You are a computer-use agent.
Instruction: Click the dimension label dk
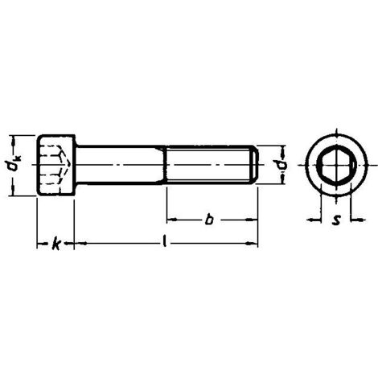14,165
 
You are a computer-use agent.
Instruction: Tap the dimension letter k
55,244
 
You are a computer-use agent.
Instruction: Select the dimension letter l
165,241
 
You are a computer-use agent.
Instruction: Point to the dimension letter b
209,219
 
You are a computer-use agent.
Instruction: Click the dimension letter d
282,165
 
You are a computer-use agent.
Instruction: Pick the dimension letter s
336,220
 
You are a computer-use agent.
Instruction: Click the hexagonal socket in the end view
337,165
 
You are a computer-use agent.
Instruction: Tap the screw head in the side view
55,165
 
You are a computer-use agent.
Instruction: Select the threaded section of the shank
210,165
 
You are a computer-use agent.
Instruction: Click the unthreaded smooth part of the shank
120,165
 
